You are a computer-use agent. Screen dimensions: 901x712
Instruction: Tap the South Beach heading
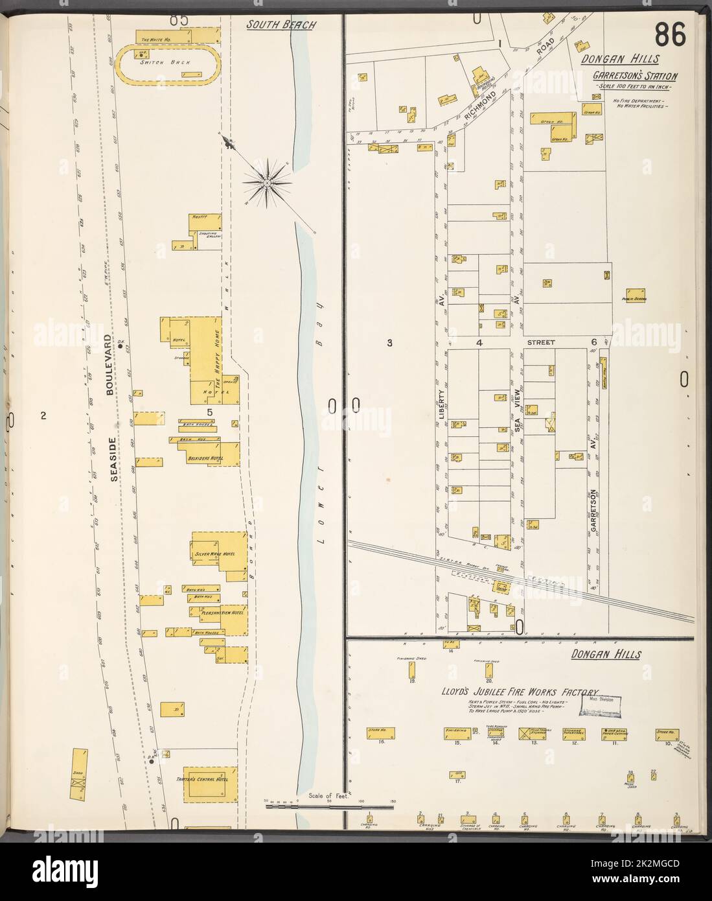[281, 25]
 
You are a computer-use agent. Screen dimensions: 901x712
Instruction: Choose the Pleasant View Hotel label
[222, 612]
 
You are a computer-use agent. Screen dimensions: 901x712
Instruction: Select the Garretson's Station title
[635, 76]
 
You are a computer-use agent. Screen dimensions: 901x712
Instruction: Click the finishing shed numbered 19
[411, 673]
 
